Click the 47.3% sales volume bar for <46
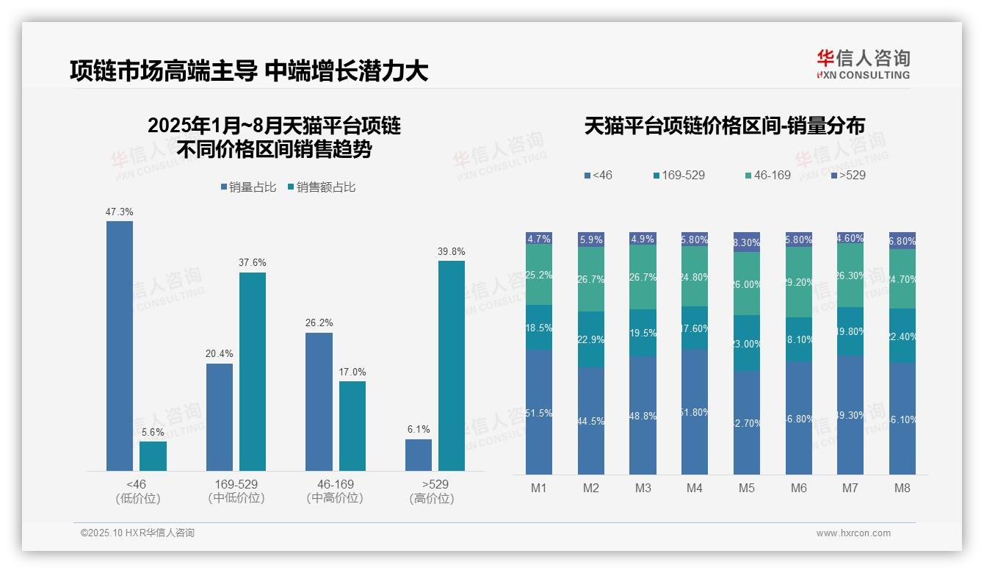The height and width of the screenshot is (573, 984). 120,345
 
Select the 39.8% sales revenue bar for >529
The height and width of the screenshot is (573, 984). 452,365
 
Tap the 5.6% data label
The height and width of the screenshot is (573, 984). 153,432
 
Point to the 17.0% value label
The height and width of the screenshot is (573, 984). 352,372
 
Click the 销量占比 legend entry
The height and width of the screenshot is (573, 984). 247,187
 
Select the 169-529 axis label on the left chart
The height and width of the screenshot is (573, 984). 236,484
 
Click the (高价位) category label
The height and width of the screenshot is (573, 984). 435,498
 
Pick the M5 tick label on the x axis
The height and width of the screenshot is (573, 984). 747,488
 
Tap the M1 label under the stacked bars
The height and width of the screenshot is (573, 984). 538,488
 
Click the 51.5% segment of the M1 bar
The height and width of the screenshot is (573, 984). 539,412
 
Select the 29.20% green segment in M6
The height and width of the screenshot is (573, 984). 799,281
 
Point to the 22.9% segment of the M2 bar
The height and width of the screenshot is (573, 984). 591,339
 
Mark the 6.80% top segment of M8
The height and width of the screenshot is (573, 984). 902,240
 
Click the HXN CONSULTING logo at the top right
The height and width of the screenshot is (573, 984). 863,65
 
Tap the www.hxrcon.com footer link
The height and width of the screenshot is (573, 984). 853,533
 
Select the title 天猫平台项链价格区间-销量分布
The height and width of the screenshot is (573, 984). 724,126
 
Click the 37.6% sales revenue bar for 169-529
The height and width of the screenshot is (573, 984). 253,371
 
